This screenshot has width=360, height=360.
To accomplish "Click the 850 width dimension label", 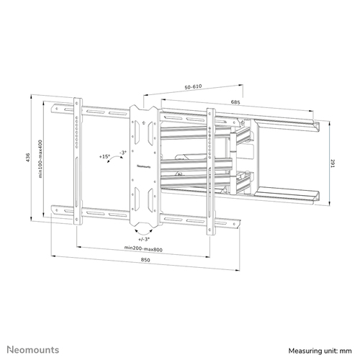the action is pos(145,260).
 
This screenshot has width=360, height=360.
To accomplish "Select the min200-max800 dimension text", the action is pos(143,248).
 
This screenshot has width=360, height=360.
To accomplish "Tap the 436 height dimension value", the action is pos(28,157).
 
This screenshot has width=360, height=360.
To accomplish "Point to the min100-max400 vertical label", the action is pos(40,158).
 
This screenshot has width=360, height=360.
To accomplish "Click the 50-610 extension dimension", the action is pos(193,86).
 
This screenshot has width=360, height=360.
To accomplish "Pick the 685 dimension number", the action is pos(235,102).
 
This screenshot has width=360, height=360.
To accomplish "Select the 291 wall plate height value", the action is pos(333,163).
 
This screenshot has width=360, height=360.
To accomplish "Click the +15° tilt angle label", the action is pos(104,156).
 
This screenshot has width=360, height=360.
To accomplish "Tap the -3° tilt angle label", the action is pos(123,153).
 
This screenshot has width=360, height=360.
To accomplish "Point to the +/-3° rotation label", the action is pos(144,239).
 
